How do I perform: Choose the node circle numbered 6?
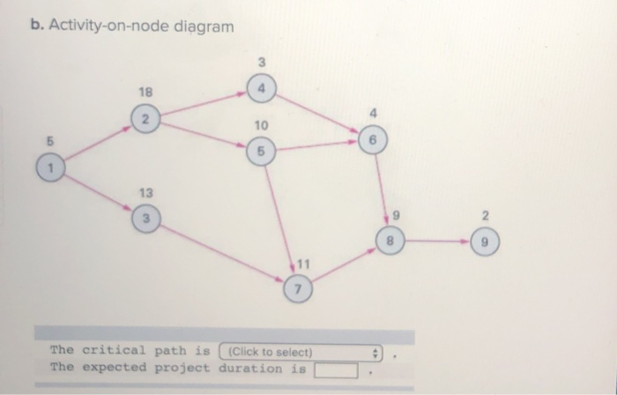click(374, 139)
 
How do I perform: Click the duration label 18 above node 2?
click(145, 92)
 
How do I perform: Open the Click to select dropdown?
click(302, 351)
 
